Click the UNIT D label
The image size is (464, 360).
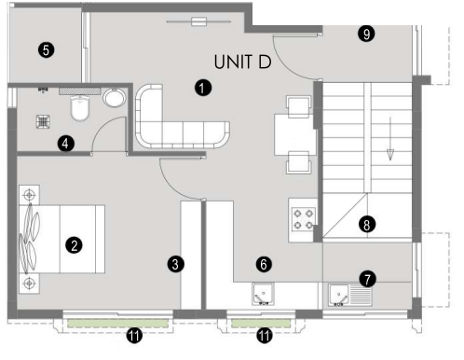coord(242,62)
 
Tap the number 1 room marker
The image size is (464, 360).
coord(203,88)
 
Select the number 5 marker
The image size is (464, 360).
coord(47,50)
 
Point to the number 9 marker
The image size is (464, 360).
coord(366,34)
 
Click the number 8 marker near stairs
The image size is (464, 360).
coord(367,225)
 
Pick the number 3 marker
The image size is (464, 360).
coord(176,264)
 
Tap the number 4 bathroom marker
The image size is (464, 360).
coord(65,144)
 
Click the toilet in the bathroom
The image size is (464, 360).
coord(80,107)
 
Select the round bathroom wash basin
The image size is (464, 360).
coord(115,98)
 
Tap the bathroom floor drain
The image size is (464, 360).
coord(43,121)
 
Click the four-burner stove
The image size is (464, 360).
coord(304,219)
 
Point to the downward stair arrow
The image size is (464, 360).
coord(390,139)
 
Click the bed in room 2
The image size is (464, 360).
coord(61,239)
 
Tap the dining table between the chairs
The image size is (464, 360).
coord(295,134)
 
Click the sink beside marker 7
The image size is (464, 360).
coord(350,295)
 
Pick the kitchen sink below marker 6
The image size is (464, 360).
coord(264,294)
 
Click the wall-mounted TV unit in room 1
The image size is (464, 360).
coord(198,21)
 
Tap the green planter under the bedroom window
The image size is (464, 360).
coord(117,323)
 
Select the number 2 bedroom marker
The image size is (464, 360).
coord(74,245)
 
